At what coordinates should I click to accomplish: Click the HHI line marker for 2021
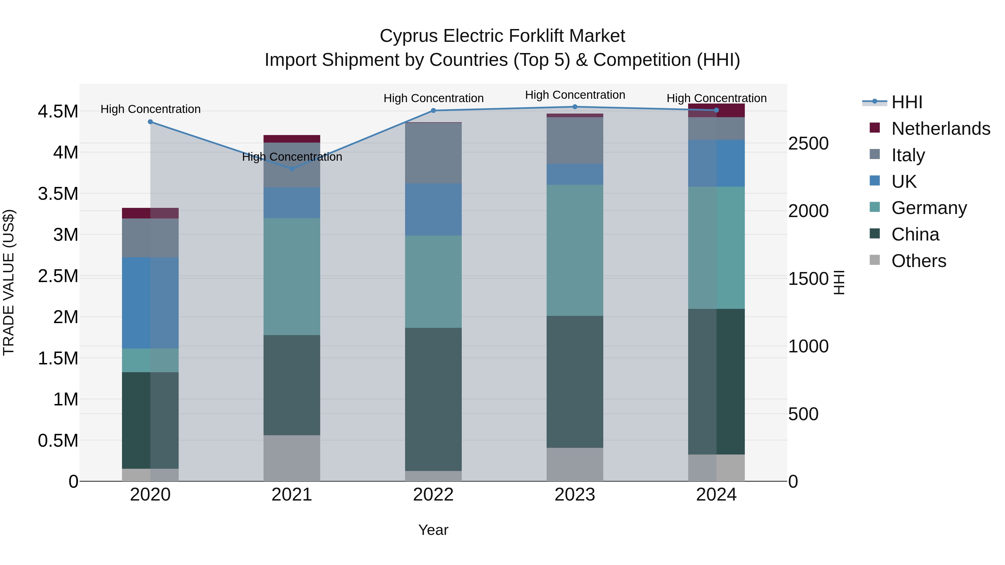291,169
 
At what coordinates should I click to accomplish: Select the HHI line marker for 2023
575,107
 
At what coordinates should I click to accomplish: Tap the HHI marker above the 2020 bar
150,122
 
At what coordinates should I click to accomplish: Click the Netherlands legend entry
940,129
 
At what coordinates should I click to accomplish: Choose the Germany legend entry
929,208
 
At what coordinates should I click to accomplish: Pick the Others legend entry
918,261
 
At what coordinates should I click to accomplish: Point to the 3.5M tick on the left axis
58,194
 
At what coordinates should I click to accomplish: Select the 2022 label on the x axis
433,495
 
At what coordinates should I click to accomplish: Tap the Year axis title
433,530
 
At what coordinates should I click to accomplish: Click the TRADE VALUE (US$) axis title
9,282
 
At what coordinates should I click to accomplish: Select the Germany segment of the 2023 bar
575,250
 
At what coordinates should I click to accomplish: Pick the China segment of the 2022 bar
433,399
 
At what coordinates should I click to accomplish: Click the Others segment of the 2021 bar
291,458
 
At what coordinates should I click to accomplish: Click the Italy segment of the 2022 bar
433,153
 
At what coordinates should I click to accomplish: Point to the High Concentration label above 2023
575,95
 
